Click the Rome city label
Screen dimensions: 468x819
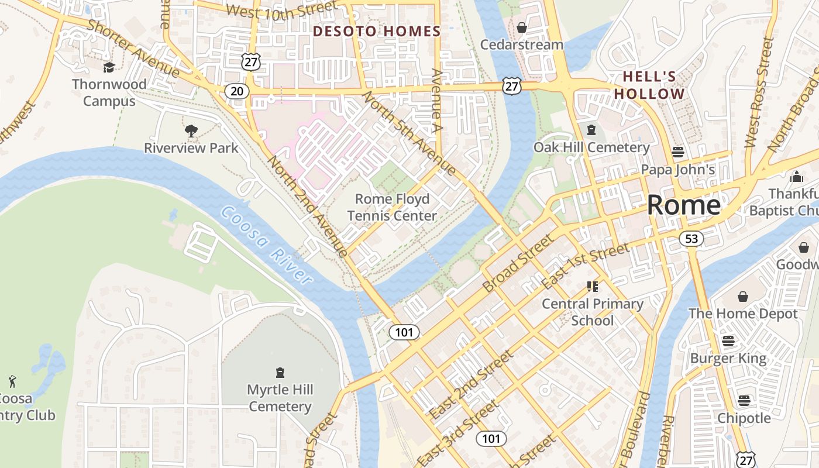pos(683,205)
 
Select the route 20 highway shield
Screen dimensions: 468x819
pos(236,91)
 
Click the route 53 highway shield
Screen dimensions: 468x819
pos(691,238)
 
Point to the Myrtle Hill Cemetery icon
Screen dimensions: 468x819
pos(280,373)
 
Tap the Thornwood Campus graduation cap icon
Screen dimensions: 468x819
pos(109,67)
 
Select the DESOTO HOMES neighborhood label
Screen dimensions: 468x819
pos(377,32)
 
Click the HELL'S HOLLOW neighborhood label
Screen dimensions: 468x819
pos(649,85)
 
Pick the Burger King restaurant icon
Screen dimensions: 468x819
pos(728,340)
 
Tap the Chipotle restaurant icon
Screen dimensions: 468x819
pos(744,401)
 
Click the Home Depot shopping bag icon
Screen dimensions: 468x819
pos(743,297)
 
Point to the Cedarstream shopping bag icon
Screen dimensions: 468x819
pos(522,27)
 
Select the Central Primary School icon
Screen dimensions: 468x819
pos(593,287)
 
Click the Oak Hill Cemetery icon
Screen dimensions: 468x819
pos(591,130)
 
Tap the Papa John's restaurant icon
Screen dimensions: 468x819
pos(678,152)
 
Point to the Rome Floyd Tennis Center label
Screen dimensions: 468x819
pos(393,207)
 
